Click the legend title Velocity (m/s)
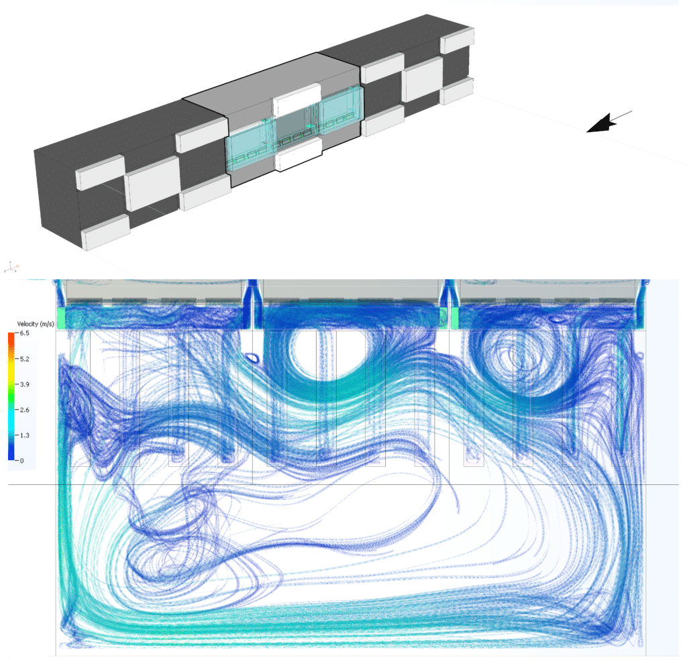tap(36, 324)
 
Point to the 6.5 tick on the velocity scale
tap(25, 333)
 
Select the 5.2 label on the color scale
tap(25, 360)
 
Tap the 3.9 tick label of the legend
tap(25, 385)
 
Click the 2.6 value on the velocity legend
tap(25, 410)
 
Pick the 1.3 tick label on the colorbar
tap(25, 435)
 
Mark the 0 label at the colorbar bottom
tap(22, 461)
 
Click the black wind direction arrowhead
tap(601, 123)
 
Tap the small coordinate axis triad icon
tap(11, 267)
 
